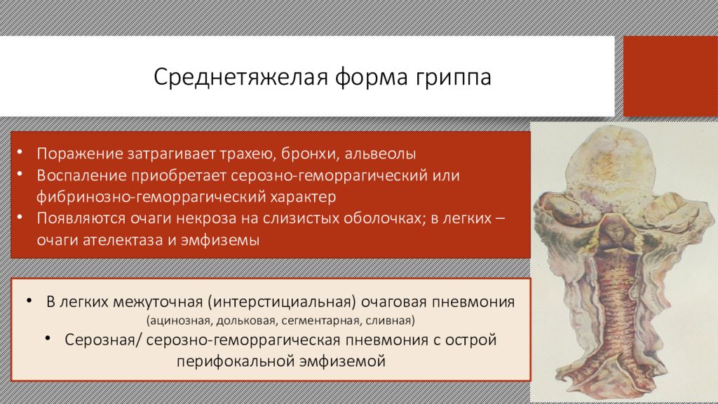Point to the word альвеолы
380,154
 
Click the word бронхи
310,154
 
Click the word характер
303,197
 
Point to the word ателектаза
121,240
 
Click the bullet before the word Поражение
20,151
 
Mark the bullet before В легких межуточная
29,300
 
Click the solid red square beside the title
670,76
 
